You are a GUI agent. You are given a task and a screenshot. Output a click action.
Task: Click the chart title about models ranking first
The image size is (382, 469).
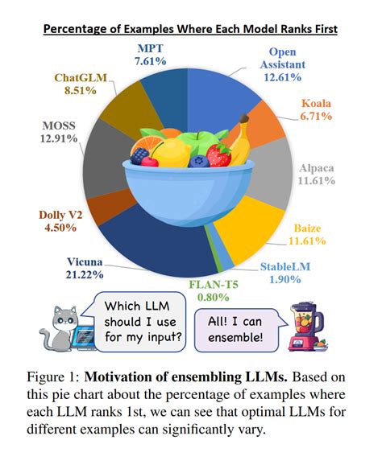pyautogui.click(x=190, y=29)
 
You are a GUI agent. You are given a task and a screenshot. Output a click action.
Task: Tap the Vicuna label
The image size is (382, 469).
pyautogui.click(x=86, y=261)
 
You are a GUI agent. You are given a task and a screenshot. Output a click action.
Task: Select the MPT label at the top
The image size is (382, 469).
pyautogui.click(x=152, y=47)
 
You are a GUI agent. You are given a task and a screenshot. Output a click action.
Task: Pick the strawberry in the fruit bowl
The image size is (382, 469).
pyautogui.click(x=217, y=153)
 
